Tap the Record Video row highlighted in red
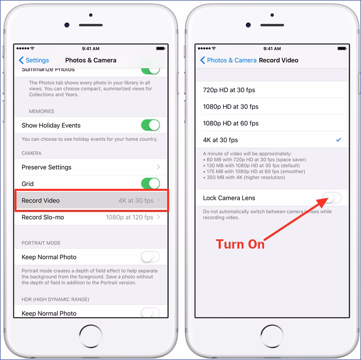pyautogui.click(x=91, y=201)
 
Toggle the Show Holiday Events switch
pyautogui.click(x=150, y=125)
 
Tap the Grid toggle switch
pyautogui.click(x=150, y=184)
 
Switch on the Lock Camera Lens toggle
pyautogui.click(x=332, y=198)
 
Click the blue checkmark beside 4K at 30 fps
pyautogui.click(x=338, y=140)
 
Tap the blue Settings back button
pyautogui.click(x=34, y=60)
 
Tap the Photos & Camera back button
pyautogui.click(x=228, y=60)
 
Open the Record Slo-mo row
pyautogui.click(x=91, y=217)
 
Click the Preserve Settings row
pyautogui.click(x=91, y=167)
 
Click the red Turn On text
pyautogui.click(x=240, y=244)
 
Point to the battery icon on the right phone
pyautogui.click(x=342, y=48)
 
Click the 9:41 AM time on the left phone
pyautogui.click(x=91, y=49)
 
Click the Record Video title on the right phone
pyautogui.click(x=278, y=60)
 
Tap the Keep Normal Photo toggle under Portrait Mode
pyautogui.click(x=150, y=257)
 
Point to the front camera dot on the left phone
pyautogui.click(x=67, y=25)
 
